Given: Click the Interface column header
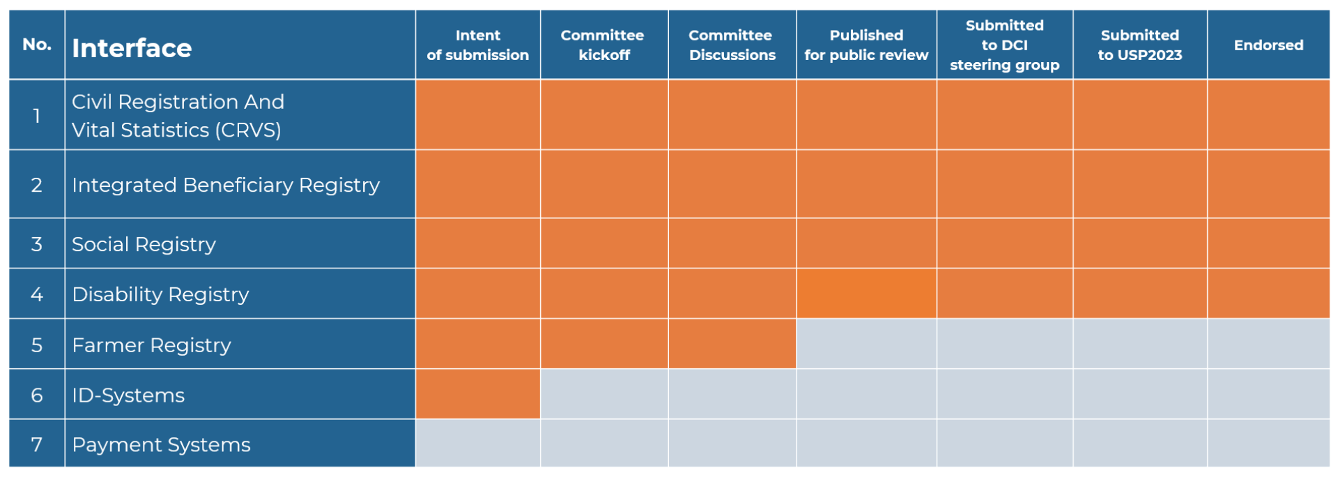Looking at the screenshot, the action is point(132,48).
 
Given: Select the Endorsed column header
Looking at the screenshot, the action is point(1268,45).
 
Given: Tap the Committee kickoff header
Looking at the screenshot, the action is point(603,45).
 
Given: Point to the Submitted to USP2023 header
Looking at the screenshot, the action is point(1140,45).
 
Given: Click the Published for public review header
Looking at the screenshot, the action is point(866,45).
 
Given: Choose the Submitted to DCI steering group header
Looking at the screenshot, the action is point(1004,45).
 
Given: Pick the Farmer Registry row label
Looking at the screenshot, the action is point(151,345).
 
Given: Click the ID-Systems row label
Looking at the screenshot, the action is point(128,395).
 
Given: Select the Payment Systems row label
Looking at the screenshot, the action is point(161,445).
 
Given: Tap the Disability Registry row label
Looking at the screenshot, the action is point(160,294).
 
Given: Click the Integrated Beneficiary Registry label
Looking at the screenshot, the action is point(226,186).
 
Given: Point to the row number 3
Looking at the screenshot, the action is point(37,244).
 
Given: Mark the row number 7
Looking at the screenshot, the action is point(37,445).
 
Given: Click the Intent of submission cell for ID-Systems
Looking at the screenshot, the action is point(478,394).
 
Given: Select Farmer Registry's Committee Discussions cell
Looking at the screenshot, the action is point(732,344).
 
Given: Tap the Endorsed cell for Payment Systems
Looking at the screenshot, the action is point(1268,444).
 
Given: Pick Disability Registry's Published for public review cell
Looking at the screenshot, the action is point(866,294).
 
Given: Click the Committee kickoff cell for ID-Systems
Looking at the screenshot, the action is point(604,394).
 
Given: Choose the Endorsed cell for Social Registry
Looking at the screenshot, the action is point(1268,243).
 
